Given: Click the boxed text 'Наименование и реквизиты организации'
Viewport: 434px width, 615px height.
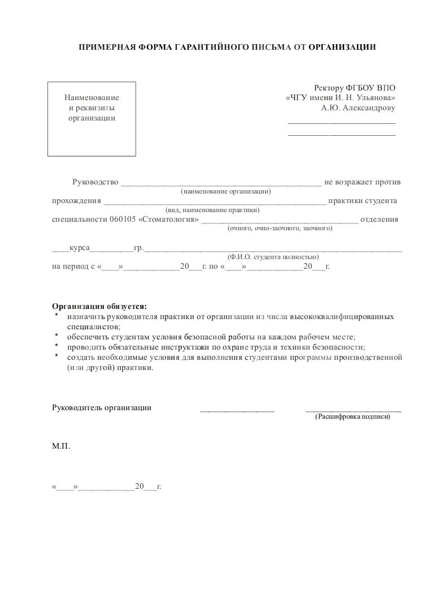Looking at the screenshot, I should (x=91, y=108).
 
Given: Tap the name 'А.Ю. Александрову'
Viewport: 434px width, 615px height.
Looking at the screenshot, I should (x=358, y=107).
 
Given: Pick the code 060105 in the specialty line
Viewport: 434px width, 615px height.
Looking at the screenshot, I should (x=123, y=220).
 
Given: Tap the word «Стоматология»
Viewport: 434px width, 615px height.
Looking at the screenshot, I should (x=168, y=220).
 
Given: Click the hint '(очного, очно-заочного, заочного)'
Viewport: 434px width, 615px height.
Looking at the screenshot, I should (x=280, y=229).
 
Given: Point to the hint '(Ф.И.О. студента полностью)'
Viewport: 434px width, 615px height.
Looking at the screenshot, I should (x=273, y=256).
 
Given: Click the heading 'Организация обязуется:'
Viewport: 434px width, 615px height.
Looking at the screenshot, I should (x=99, y=306).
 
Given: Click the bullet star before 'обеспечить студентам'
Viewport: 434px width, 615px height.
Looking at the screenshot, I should (x=57, y=336).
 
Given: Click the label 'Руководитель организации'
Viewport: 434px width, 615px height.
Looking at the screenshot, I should (x=102, y=407).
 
